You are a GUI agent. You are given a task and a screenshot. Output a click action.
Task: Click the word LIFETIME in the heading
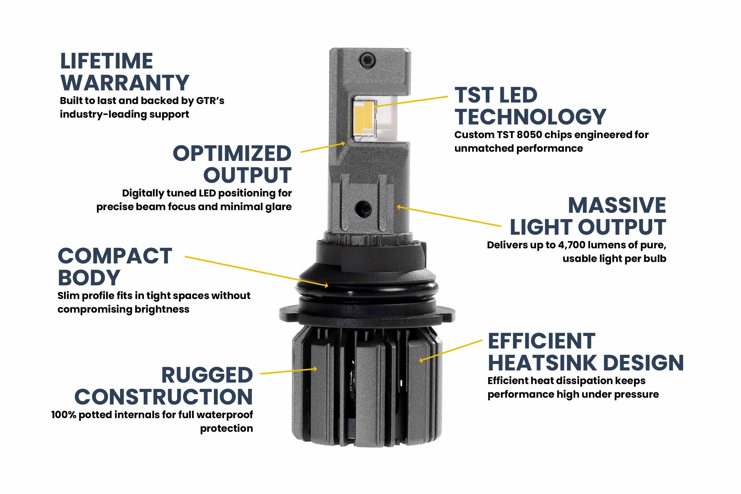tap(106, 61)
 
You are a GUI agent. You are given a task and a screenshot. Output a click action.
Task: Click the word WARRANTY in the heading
tap(125, 83)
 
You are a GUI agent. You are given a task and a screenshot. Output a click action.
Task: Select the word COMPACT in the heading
tap(115, 256)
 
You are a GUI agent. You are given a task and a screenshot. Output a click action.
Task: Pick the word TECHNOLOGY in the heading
tap(530, 117)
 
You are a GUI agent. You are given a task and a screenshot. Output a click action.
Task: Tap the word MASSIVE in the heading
tap(617, 205)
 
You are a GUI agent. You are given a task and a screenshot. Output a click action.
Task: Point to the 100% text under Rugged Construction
tap(64, 415)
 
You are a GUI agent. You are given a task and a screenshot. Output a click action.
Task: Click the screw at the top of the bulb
tap(368, 59)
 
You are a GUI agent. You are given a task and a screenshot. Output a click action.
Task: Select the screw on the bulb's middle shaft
tap(364, 209)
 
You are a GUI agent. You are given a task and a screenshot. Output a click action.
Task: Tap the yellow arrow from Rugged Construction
tap(288, 371)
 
